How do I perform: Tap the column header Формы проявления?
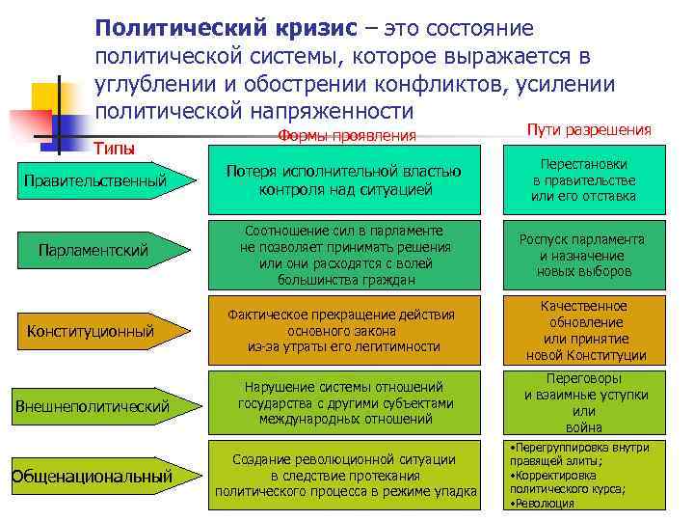click(347, 135)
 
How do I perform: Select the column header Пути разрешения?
click(589, 129)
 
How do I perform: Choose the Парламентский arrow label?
click(93, 251)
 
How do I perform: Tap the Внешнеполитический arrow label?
click(93, 405)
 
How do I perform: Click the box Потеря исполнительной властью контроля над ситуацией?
click(344, 180)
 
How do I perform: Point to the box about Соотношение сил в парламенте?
click(344, 256)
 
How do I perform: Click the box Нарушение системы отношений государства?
click(344, 403)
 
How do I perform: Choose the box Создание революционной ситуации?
click(344, 476)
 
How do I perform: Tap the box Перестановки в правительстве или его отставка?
click(583, 180)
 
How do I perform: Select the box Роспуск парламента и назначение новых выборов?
click(583, 256)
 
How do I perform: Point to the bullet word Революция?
click(544, 504)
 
